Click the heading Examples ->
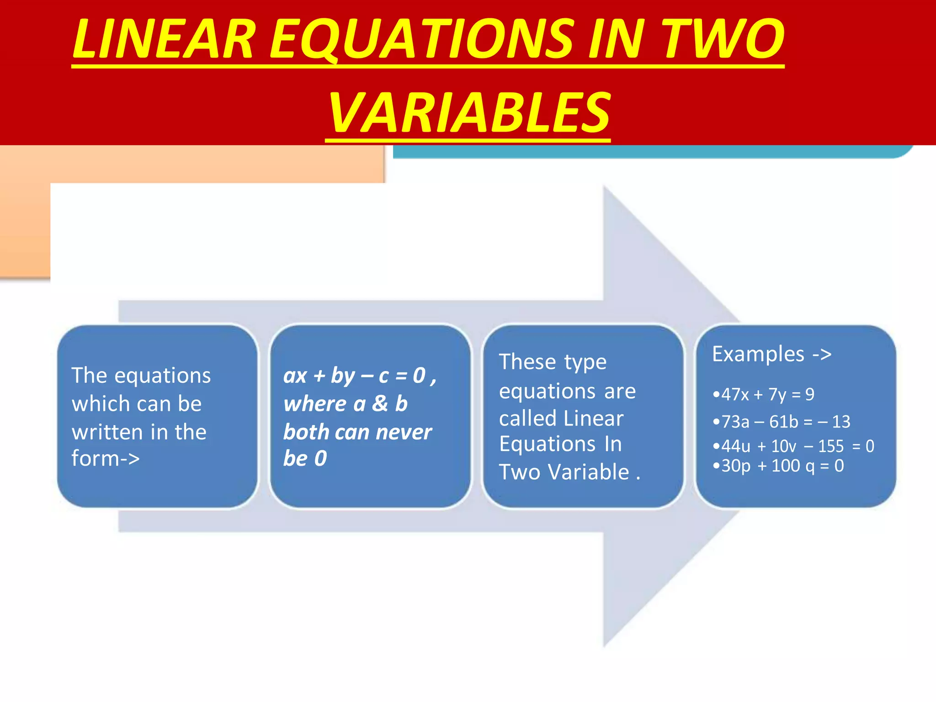(771, 354)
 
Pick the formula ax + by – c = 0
(355, 376)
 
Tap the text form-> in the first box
(106, 458)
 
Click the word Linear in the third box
(593, 419)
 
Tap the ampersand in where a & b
(380, 404)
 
